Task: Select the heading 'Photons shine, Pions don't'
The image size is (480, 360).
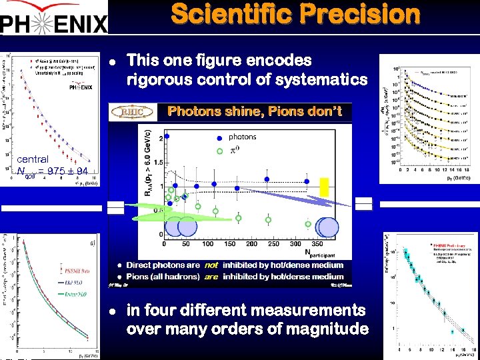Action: (255, 111)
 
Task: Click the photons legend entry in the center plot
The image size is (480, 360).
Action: (241, 137)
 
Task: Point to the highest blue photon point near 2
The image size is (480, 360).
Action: (167, 136)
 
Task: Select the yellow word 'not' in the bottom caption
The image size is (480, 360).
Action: (211, 265)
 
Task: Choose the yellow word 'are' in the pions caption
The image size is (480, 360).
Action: (211, 276)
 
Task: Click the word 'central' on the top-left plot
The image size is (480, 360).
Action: (32, 159)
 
